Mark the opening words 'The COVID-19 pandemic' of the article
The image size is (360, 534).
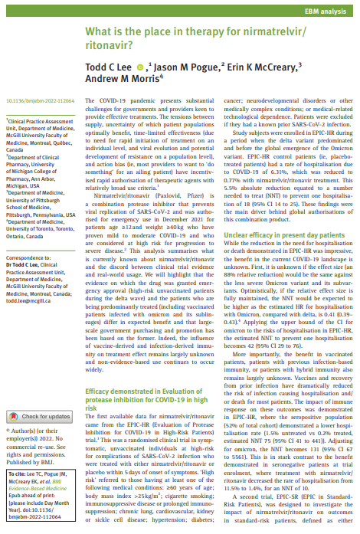tap(121, 100)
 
